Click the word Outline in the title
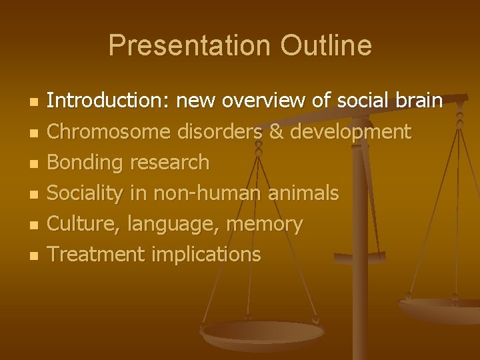pyautogui.click(x=326, y=46)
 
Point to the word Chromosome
pyautogui.click(x=110, y=131)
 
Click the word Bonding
pyautogui.click(x=87, y=162)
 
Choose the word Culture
pyautogui.click(x=81, y=224)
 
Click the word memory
pyautogui.click(x=265, y=225)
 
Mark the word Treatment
pyautogui.click(x=97, y=254)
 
